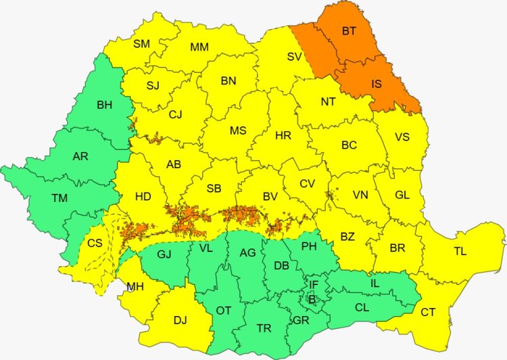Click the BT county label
[349, 30]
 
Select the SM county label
[141, 44]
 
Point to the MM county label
[199, 47]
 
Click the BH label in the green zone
[105, 105]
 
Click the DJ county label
[180, 320]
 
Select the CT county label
[428, 312]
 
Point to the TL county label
[460, 252]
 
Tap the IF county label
[313, 284]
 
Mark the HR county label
[283, 136]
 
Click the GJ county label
[164, 254]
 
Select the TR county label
[264, 328]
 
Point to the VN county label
[360, 195]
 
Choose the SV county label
[294, 57]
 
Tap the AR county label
[80, 156]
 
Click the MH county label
[135, 287]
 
